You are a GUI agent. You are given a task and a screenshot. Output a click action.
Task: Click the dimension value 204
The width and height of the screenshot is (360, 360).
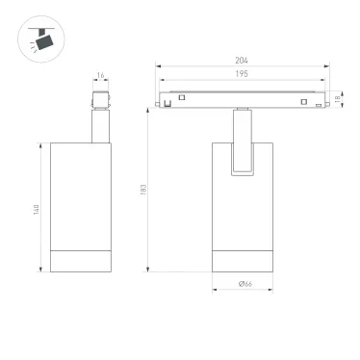[x=243, y=61]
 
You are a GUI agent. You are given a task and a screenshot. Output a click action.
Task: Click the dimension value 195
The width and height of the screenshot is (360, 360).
[x=242, y=75]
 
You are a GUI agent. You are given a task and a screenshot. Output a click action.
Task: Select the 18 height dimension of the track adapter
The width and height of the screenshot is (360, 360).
[x=339, y=99]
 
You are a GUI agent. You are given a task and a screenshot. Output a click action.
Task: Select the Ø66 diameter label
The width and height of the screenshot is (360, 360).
[x=244, y=283]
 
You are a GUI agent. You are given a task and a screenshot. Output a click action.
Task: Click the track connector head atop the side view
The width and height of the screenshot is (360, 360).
[x=98, y=99]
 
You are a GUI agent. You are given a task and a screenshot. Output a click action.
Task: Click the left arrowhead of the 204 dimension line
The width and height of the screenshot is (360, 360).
[x=159, y=67]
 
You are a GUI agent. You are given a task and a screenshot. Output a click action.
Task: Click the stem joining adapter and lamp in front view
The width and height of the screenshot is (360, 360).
[x=243, y=125]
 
